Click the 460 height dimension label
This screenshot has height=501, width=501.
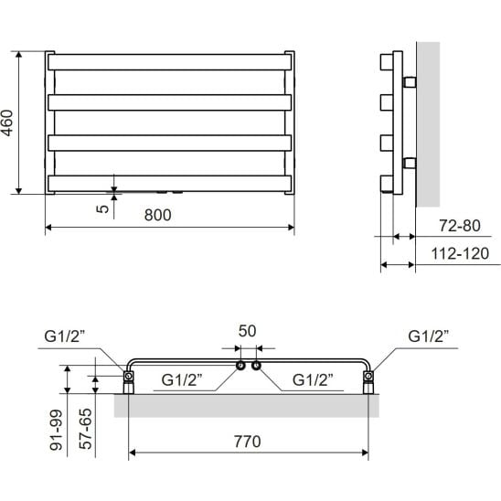[x=7, y=123]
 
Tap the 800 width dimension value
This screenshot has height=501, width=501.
[x=157, y=215]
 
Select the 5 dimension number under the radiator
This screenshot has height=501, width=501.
[x=102, y=209]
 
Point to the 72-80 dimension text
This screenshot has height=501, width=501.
[x=460, y=226]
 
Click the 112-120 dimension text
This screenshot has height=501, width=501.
[x=460, y=253]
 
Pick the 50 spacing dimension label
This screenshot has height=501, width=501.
[x=247, y=331]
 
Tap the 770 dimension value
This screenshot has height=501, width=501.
[x=248, y=442]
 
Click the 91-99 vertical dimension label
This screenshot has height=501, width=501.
[x=57, y=430]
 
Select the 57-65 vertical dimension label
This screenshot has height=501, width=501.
[x=85, y=429]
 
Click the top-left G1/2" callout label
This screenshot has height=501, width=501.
[x=65, y=336]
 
